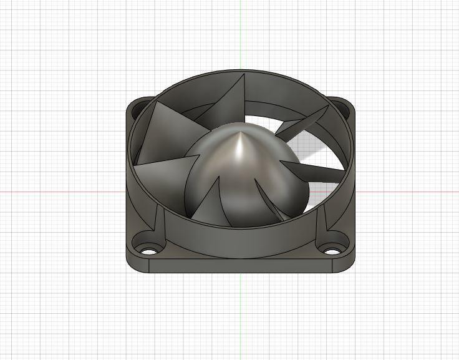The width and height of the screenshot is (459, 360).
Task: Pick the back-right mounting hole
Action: point(340,104)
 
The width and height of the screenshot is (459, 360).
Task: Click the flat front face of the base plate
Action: point(240,266)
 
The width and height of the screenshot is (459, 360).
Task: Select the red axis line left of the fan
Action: point(62,191)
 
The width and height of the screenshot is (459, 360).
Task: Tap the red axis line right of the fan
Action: point(405,191)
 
